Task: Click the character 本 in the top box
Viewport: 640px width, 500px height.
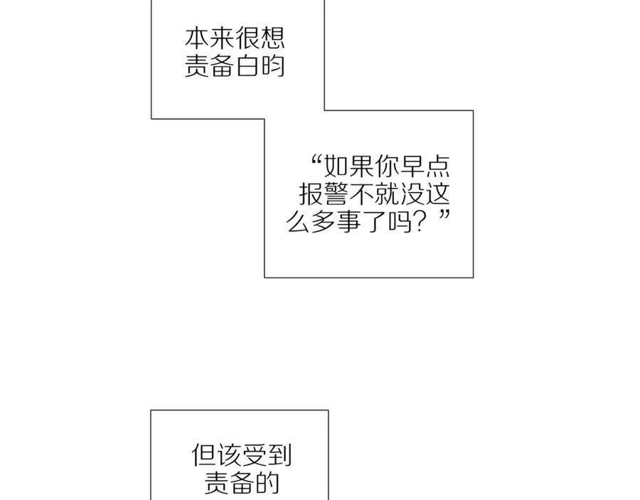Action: pos(198,38)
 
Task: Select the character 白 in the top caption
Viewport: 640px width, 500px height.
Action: pos(247,65)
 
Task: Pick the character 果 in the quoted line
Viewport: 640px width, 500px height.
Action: pos(360,167)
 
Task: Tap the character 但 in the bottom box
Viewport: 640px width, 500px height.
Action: pos(204,456)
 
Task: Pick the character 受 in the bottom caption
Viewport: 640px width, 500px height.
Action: pos(255,456)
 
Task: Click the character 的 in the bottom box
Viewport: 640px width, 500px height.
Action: pos(267,483)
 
